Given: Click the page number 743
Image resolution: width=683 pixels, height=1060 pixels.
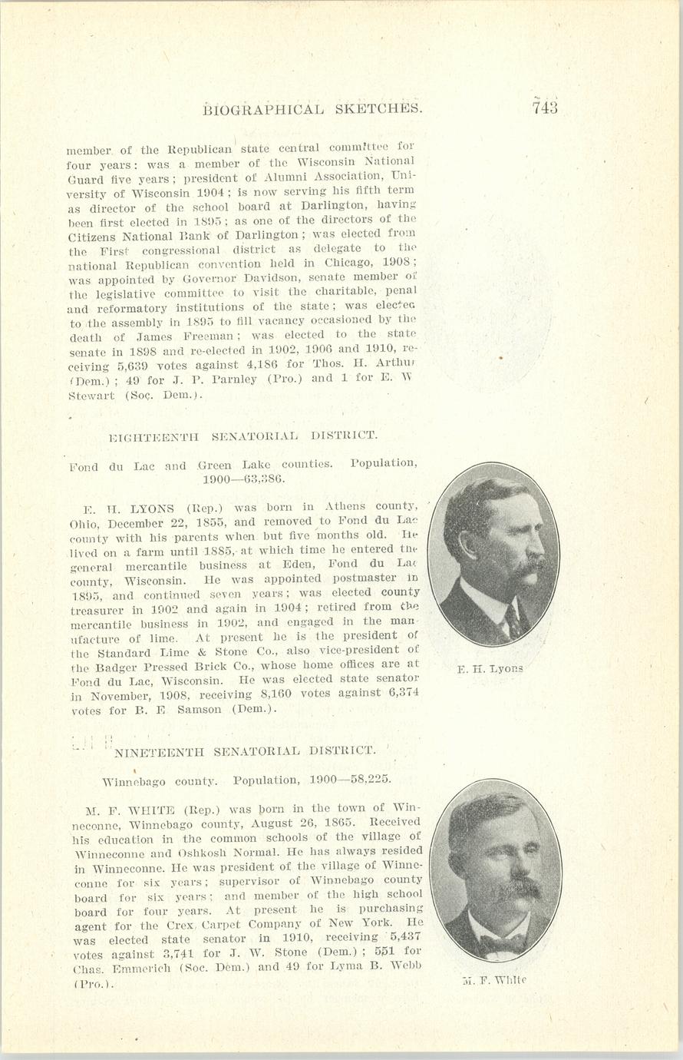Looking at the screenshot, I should [x=543, y=108].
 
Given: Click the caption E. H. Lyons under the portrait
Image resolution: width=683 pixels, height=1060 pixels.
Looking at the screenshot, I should [x=490, y=669].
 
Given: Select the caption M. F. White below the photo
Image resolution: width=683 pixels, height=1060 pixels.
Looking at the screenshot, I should [x=494, y=979].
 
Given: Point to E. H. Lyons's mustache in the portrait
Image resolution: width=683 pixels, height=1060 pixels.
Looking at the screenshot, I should [x=530, y=569].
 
